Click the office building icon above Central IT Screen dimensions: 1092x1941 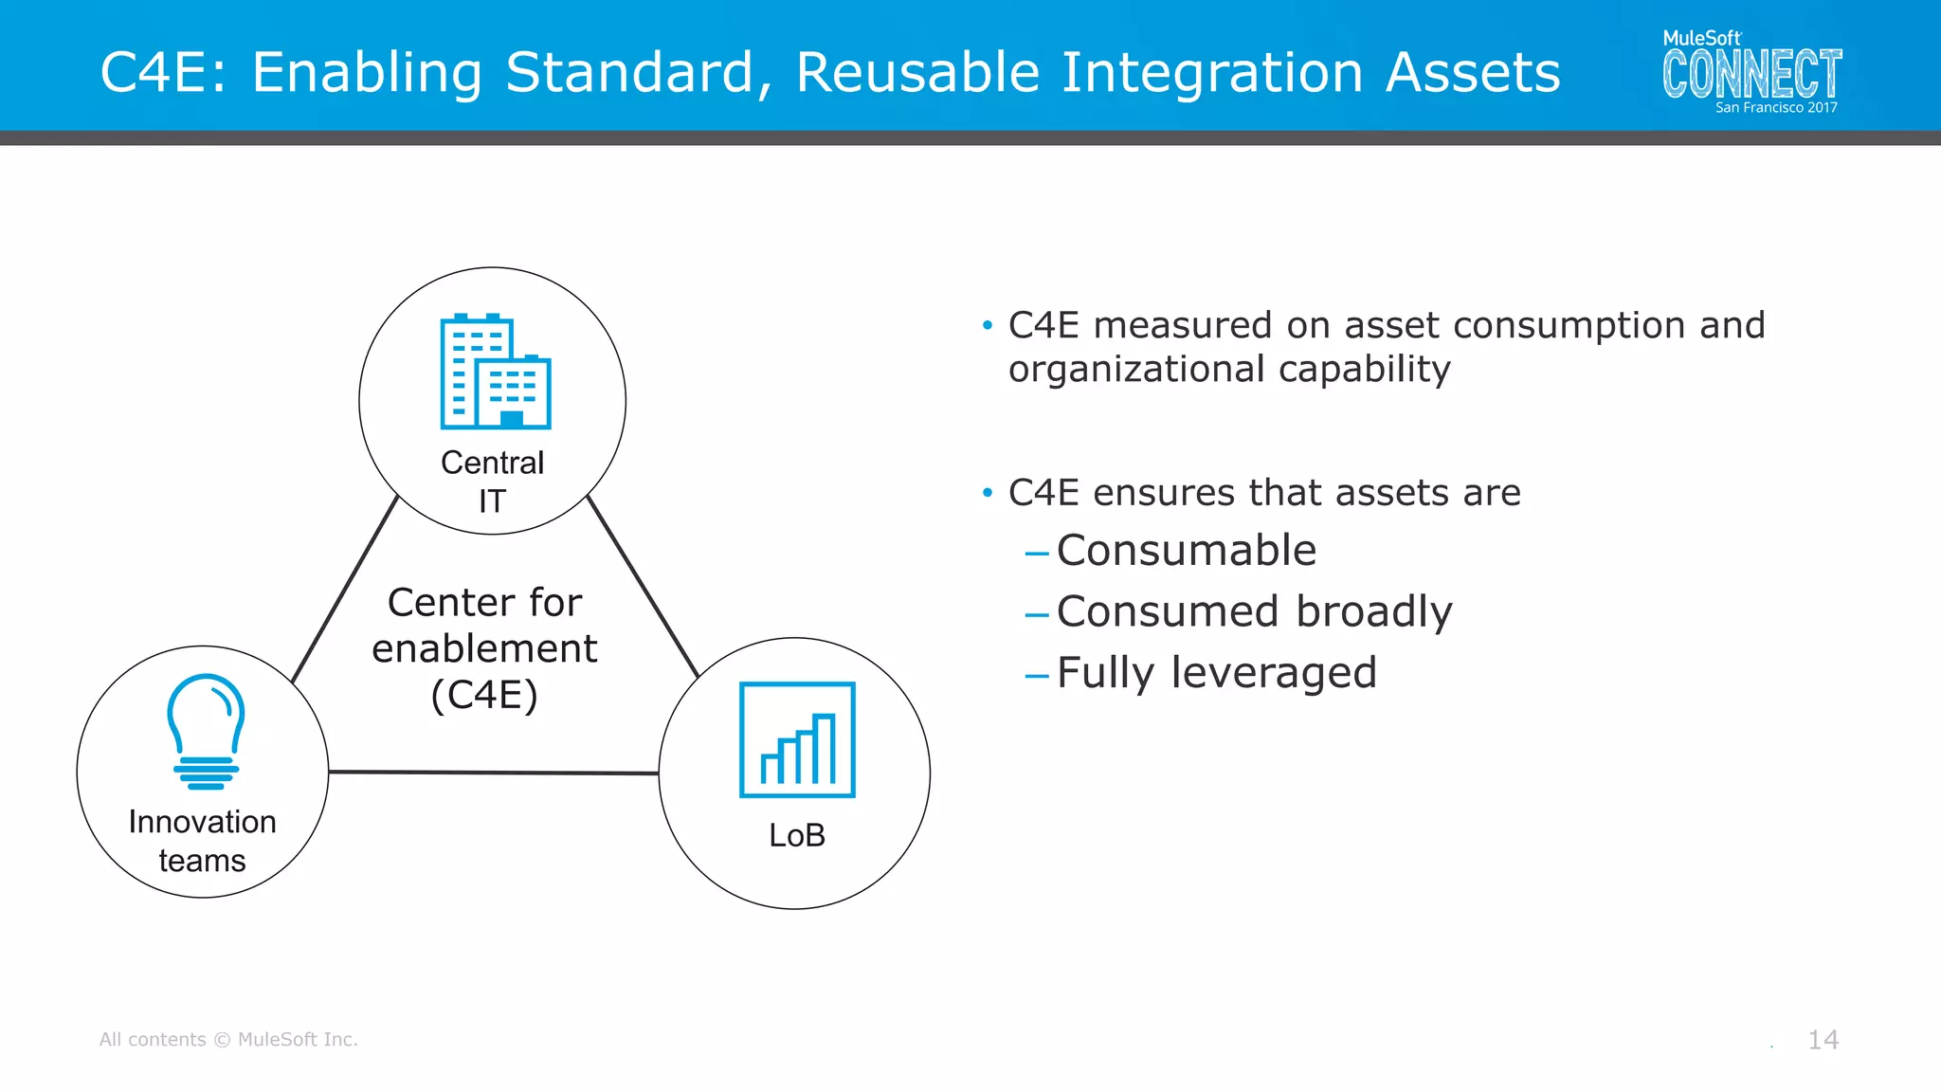click(x=496, y=371)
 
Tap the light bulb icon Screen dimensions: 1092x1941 click(x=206, y=731)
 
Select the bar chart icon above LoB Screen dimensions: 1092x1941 click(x=797, y=739)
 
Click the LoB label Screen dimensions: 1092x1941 click(x=797, y=835)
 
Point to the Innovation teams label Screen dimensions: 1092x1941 click(x=202, y=841)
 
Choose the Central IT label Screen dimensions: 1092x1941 click(x=492, y=482)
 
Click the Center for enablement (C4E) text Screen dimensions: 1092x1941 click(x=484, y=648)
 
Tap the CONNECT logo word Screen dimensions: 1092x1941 click(x=1751, y=74)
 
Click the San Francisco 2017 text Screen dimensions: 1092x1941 click(x=1775, y=108)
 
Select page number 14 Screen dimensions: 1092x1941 click(x=1823, y=1040)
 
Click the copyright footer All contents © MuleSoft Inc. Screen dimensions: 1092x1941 click(x=228, y=1040)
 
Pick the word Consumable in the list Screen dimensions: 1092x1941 click(x=1186, y=551)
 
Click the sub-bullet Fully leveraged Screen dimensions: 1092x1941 click(x=1216, y=673)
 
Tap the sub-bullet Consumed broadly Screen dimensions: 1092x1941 click(x=1254, y=611)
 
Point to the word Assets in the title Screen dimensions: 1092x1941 click(x=1472, y=72)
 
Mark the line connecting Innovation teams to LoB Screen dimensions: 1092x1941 click(x=493, y=773)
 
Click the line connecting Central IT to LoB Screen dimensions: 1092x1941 click(x=644, y=587)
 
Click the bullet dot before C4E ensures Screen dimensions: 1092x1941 click(x=988, y=493)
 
